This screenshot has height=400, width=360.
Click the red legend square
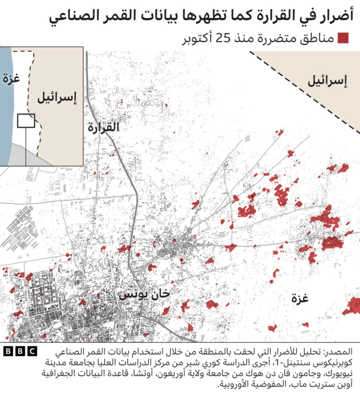[343, 39]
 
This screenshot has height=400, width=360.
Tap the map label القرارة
[103, 128]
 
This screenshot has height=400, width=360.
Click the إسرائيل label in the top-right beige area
[327, 80]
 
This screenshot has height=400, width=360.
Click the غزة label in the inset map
[10, 79]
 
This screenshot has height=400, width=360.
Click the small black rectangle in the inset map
[26, 120]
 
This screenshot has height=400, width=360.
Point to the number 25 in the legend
[224, 39]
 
